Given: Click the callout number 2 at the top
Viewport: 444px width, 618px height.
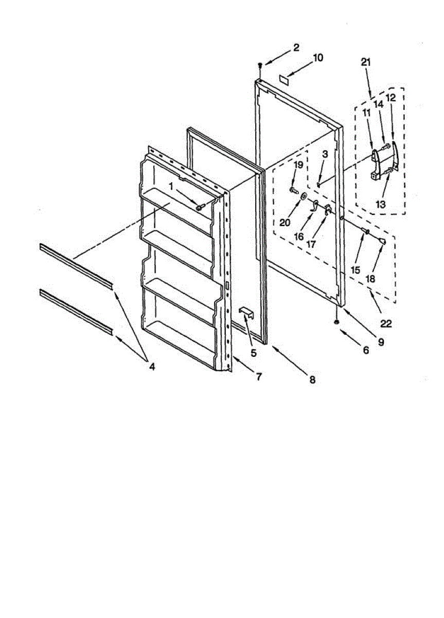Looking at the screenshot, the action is pos(296,47).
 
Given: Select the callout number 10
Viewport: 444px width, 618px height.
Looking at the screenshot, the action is pos(318,58).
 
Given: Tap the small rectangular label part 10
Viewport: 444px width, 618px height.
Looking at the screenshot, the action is pos(284,79).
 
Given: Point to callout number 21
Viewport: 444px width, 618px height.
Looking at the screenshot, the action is pos(366,62).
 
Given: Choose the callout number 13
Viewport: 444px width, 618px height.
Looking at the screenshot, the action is pos(380,204).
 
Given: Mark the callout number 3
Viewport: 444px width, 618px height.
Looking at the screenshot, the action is pos(325,154).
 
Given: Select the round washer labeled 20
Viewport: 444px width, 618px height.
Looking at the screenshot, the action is pos(304,196).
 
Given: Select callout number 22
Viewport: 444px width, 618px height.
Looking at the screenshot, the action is pos(386,323).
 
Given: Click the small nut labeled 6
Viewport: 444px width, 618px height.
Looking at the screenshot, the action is pos(336,322).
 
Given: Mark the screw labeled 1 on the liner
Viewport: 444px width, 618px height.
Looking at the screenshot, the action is pos(200,207).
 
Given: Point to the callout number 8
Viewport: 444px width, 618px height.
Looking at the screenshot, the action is pos(312,380).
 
